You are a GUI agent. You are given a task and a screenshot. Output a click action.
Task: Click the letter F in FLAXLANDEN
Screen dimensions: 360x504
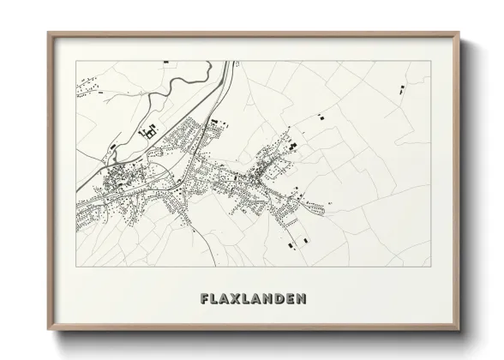coord(204,299)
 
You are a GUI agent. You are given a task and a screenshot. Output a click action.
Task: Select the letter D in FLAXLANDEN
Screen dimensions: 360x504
coord(278,299)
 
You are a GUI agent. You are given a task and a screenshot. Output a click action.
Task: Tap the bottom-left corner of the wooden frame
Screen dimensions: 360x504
coord(49,330)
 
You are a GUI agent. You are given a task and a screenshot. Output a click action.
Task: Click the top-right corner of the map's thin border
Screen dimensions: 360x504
coord(429,62)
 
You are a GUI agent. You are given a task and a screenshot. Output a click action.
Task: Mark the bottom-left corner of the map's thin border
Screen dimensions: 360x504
coord(76,266)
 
